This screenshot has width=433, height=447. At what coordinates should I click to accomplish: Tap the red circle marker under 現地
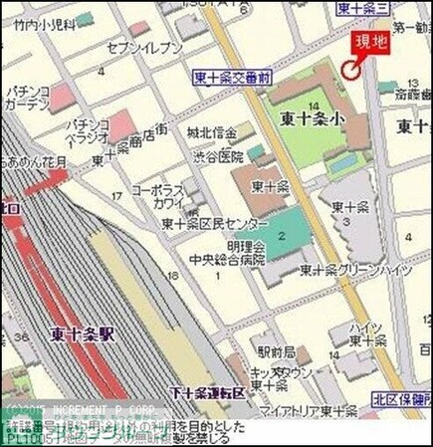click(x=347, y=69)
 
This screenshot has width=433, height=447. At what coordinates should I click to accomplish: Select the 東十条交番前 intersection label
click(x=230, y=76)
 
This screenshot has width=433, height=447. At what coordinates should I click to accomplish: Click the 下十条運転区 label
click(x=207, y=391)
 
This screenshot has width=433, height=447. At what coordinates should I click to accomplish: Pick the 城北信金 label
click(x=212, y=133)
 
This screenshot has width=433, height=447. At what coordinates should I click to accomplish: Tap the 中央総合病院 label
click(x=229, y=260)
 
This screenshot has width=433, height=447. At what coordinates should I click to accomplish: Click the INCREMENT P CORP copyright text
click(x=84, y=410)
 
